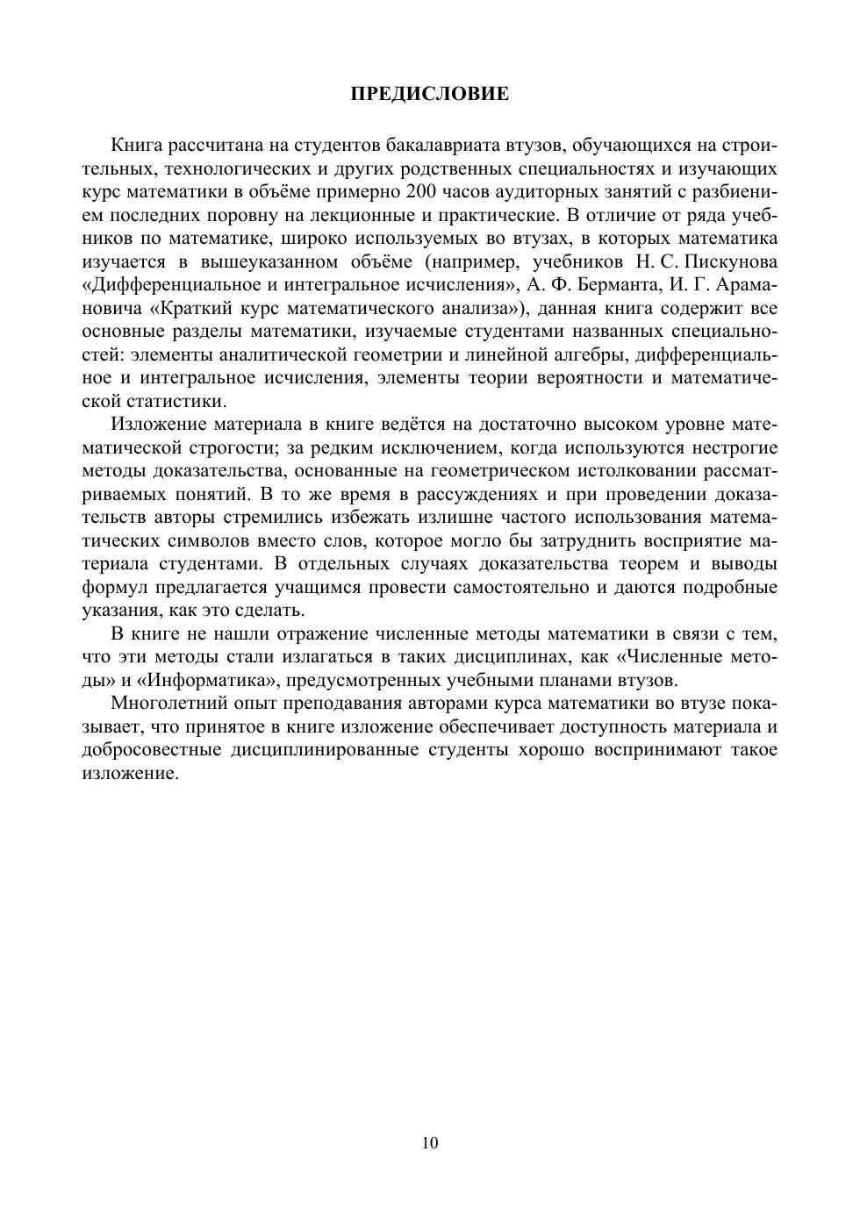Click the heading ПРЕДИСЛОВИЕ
[x=429, y=94]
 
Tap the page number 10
[x=430, y=1142]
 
